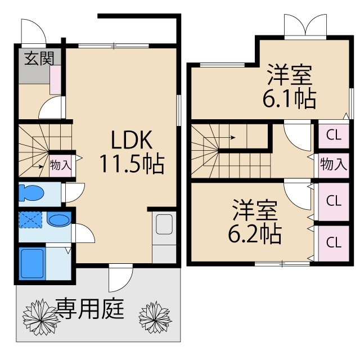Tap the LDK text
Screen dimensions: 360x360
tap(132, 139)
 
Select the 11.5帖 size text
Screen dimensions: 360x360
tap(132, 164)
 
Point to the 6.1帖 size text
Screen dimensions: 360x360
tap(289, 98)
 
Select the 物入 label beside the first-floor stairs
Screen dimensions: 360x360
tap(61, 165)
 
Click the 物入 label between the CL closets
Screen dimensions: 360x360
tap(332, 164)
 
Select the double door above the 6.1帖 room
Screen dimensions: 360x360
tap(305, 25)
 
